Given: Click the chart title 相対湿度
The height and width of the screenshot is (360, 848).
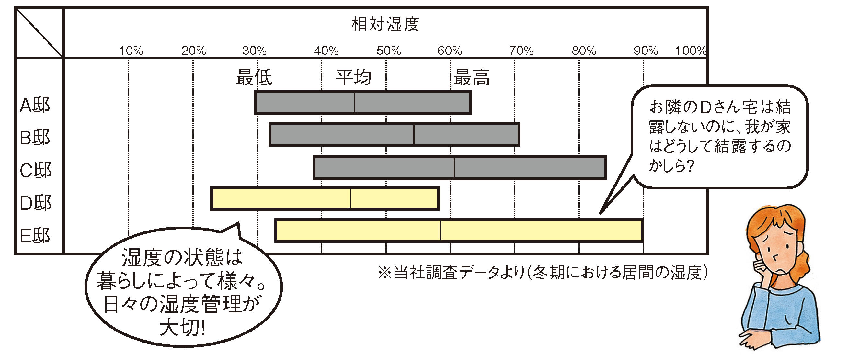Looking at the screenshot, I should (x=385, y=24).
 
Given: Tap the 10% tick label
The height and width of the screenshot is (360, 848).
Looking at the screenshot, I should (x=131, y=51).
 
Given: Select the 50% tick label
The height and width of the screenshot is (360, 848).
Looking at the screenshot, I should (x=389, y=51).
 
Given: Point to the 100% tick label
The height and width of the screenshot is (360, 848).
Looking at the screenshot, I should (x=691, y=51).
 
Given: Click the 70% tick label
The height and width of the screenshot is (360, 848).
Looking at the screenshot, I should (x=521, y=51).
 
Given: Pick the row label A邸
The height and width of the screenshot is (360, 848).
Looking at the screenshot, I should (x=35, y=105).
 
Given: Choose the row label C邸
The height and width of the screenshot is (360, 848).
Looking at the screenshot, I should (x=36, y=171).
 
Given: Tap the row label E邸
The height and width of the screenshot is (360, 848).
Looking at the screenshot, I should (x=35, y=236).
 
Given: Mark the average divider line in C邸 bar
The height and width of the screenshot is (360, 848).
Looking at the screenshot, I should (x=454, y=168).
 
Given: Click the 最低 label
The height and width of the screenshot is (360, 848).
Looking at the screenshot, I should (x=254, y=78).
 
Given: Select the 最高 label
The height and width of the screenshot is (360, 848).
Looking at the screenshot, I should (x=472, y=78).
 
